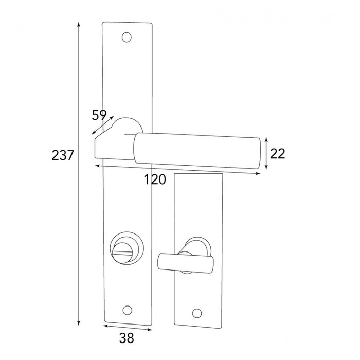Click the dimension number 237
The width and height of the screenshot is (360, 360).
coord(63,155)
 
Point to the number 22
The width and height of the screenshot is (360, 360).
coord(277,153)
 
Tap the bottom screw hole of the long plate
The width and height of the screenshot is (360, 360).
coord(127,310)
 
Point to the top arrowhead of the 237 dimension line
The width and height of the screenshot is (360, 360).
coord(79,24)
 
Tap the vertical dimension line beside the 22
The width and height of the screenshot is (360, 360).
coord(266,153)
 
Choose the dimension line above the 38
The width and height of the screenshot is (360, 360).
coord(128,328)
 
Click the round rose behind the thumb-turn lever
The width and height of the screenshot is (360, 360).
coord(199,246)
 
